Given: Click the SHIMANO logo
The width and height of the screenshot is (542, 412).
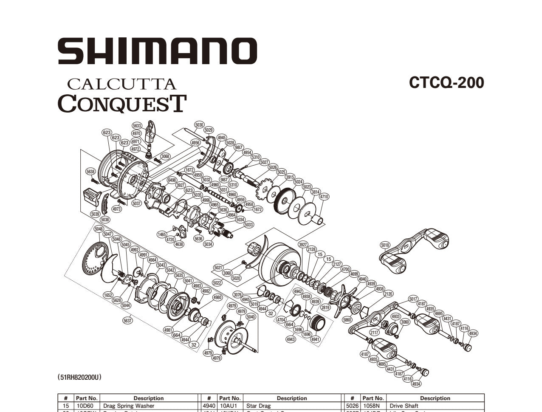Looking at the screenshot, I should (157, 51).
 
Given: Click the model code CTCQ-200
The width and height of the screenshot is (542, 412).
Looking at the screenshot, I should (446, 82).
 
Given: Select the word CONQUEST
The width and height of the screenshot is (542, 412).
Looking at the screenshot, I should (122, 103).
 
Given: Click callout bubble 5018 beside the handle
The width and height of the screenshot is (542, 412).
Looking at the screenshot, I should (385, 245).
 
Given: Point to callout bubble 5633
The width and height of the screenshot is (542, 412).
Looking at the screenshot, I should (137, 126).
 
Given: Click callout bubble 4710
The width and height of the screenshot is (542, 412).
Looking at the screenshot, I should (324, 197).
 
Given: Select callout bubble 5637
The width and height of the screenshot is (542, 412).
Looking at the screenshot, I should (127, 321).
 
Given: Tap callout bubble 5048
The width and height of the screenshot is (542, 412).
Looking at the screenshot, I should (99, 229).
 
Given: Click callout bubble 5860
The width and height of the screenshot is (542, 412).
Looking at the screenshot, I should (347, 319).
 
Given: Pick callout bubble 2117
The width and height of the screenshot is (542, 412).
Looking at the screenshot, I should (374, 333).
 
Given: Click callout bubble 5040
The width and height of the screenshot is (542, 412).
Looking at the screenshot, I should (251, 317).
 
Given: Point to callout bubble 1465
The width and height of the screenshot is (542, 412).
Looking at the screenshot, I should (161, 234).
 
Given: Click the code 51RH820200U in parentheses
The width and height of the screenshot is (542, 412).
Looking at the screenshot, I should (80, 377).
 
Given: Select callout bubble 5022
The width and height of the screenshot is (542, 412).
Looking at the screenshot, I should (217, 282).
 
